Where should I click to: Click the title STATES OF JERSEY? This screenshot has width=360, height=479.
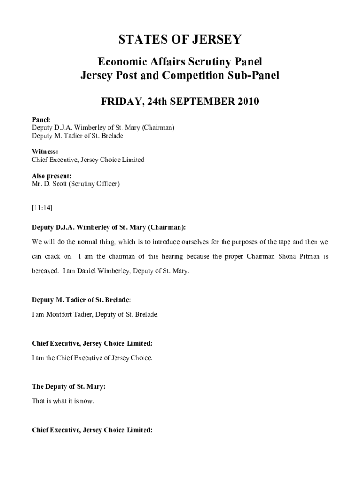[x=180, y=39]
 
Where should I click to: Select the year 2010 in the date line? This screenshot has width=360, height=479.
[x=245, y=102]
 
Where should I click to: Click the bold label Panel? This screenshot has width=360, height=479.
[x=41, y=119]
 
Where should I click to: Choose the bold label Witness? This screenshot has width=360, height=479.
[x=45, y=152]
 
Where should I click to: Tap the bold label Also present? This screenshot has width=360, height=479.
[x=51, y=176]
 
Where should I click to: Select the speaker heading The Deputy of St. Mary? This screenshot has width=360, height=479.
[x=68, y=386]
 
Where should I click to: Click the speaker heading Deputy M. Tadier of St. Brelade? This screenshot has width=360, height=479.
[x=78, y=300]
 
